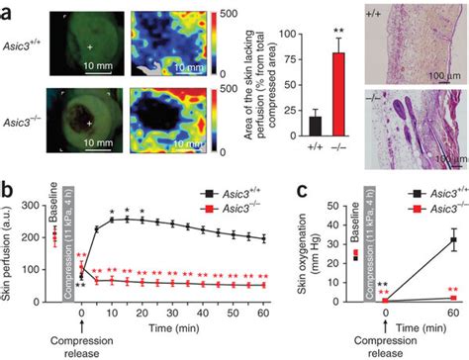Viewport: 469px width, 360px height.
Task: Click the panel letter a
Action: (7, 10)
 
